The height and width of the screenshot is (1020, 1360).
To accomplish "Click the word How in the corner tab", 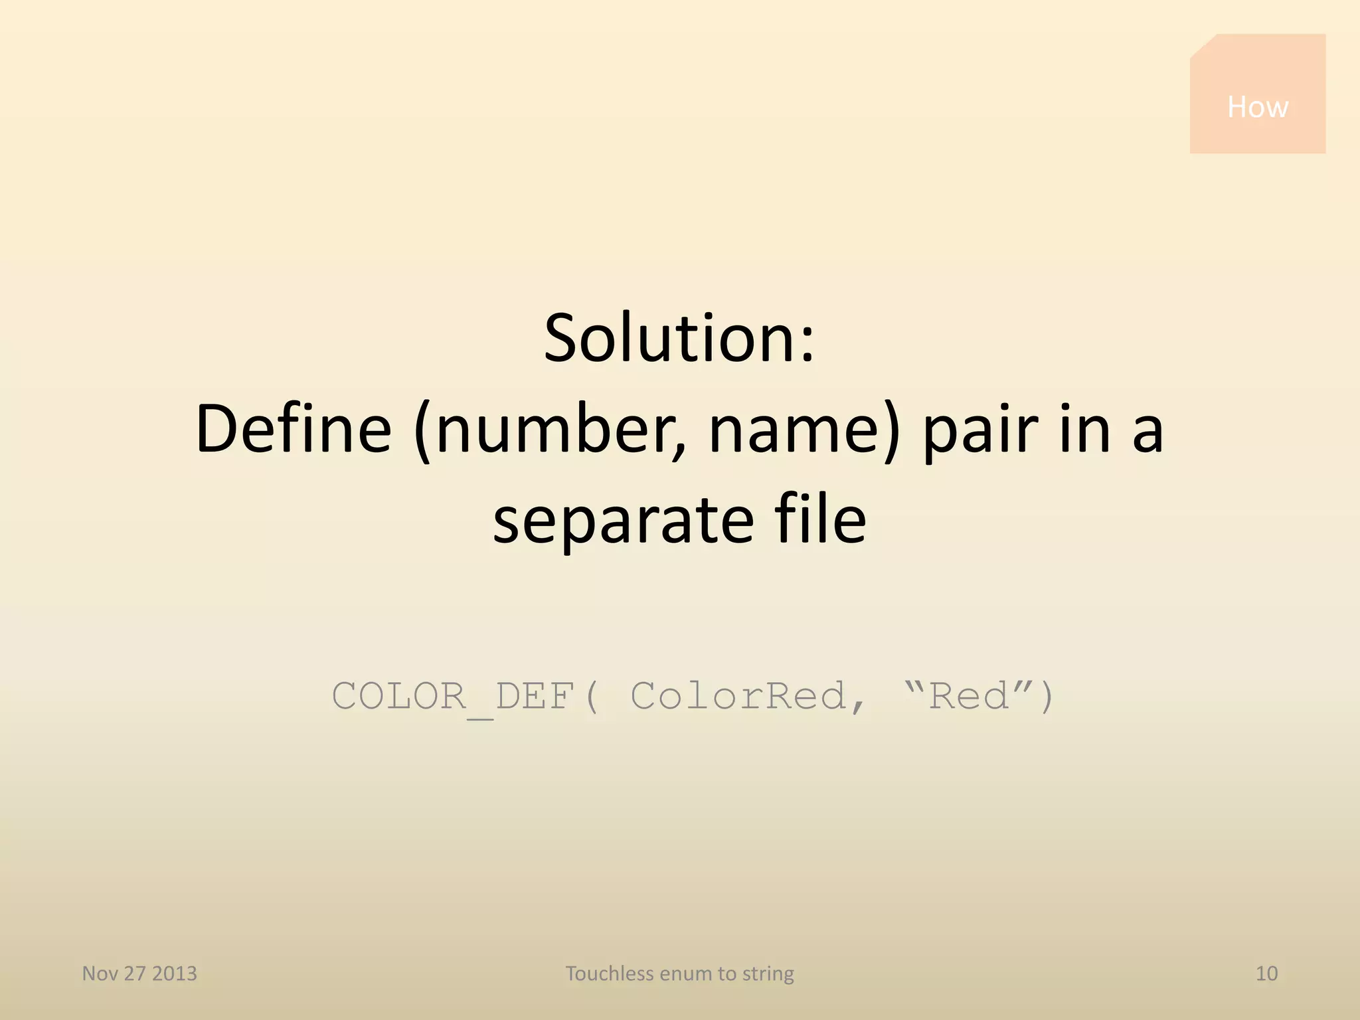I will pyautogui.click(x=1257, y=107).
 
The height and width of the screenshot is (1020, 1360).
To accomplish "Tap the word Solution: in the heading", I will pyautogui.click(x=679, y=339).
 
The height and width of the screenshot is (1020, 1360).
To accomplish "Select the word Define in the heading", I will pyautogui.click(x=294, y=430).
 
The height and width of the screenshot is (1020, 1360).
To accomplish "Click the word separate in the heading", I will pyautogui.click(x=624, y=521).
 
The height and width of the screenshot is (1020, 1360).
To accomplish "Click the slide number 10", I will pyautogui.click(x=1266, y=974).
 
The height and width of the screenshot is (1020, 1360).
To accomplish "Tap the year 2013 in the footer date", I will pyautogui.click(x=175, y=974).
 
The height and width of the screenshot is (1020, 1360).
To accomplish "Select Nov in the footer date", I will pyautogui.click(x=100, y=974).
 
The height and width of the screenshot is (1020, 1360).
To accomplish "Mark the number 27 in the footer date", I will pyautogui.click(x=134, y=974).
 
